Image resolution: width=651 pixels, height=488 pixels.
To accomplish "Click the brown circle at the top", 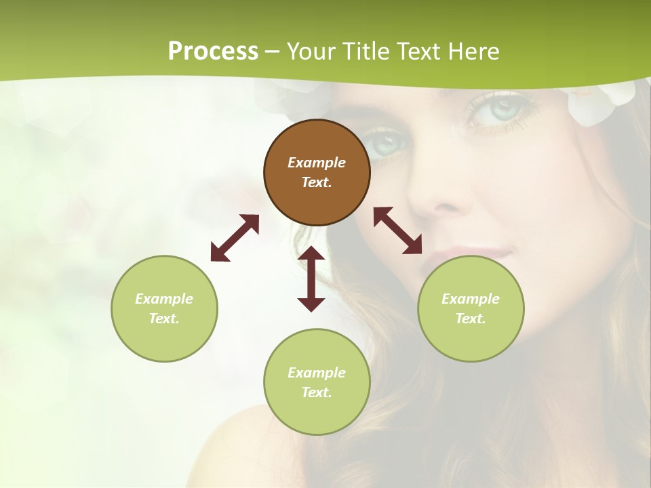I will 317,172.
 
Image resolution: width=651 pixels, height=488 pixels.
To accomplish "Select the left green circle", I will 164,308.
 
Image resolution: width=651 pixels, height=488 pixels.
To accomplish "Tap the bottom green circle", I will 317,382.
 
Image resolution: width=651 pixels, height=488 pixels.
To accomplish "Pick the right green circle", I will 471,308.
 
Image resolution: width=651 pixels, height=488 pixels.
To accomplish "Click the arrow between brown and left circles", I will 235,238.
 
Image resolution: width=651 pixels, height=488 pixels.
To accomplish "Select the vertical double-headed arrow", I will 311,279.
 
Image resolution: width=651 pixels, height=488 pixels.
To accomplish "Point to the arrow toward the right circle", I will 397,230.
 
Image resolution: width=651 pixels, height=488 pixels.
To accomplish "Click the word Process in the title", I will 213,51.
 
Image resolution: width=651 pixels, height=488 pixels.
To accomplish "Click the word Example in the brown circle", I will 317,163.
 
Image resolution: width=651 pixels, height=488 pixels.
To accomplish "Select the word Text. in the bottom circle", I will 317,392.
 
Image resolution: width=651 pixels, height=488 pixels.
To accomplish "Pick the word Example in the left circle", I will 164,299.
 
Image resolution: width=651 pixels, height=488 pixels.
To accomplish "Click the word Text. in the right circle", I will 471,319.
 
